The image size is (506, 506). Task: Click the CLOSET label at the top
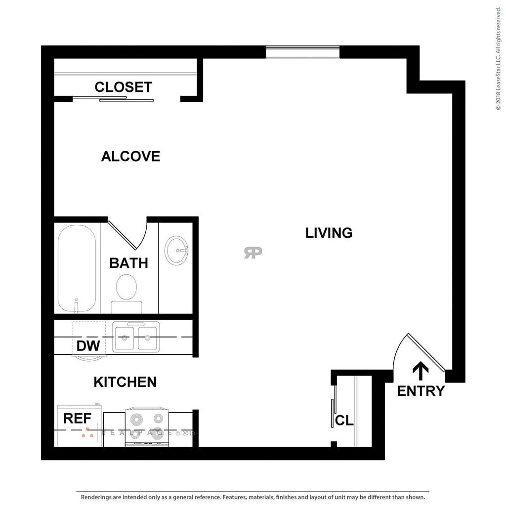[x=123, y=87]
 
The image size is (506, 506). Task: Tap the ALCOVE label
[x=130, y=156]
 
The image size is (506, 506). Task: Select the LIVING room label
[x=329, y=233]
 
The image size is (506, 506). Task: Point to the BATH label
[x=128, y=263]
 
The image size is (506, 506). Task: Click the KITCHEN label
[x=125, y=382]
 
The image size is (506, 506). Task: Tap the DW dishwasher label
[x=88, y=345]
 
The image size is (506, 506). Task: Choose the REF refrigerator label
[x=78, y=419]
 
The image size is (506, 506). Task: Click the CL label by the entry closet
[x=344, y=421]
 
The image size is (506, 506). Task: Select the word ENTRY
[x=421, y=391]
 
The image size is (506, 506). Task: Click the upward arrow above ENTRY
[x=421, y=370]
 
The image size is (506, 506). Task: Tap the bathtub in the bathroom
[x=77, y=268]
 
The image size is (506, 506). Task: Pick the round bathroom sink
[x=175, y=250]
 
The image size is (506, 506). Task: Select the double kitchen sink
[x=135, y=337]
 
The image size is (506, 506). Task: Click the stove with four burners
[x=147, y=426]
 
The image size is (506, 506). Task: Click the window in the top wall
[x=302, y=52]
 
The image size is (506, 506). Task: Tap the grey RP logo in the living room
[x=253, y=253]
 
